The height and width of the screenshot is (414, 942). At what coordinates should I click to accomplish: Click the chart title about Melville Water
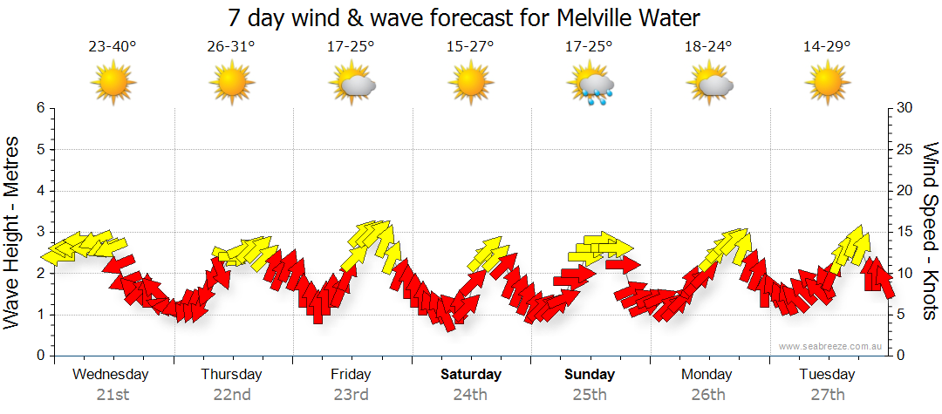[464, 17]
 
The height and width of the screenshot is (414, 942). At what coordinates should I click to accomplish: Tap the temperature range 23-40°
[112, 46]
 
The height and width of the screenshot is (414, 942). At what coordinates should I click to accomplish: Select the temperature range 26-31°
[231, 46]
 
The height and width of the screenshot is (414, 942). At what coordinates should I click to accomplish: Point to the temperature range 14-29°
[827, 46]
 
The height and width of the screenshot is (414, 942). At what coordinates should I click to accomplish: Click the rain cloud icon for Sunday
[591, 85]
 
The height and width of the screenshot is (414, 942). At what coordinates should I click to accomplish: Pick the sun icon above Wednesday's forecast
[113, 84]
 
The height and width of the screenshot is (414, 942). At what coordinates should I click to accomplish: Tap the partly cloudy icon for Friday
[352, 85]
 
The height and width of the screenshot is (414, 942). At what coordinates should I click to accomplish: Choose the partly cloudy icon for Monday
[710, 85]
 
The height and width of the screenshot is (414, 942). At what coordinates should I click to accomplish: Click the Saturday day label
[470, 375]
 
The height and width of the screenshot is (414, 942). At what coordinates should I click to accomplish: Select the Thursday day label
[231, 375]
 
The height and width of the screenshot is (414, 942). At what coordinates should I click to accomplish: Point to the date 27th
[828, 394]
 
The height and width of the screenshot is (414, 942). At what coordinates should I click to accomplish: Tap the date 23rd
[351, 394]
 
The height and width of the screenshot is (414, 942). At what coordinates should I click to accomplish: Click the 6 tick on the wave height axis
[40, 108]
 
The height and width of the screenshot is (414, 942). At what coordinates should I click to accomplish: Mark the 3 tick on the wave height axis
[40, 232]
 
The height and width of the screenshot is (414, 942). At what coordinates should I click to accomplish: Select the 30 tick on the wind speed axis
[905, 108]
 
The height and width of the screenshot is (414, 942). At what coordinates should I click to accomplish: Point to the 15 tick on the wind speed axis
[905, 232]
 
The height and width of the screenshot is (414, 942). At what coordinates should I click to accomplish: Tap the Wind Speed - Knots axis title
[930, 232]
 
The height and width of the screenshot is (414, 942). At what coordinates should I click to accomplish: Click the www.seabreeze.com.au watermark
[831, 346]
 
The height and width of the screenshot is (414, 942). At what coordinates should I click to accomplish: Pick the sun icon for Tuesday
[827, 84]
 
